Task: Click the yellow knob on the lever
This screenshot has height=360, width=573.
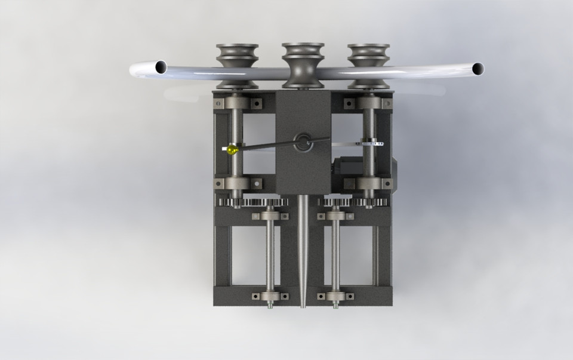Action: (x=232, y=150)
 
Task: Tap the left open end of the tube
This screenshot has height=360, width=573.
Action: (x=161, y=67)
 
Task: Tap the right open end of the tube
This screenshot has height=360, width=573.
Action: (x=478, y=69)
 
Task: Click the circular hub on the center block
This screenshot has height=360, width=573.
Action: (x=303, y=142)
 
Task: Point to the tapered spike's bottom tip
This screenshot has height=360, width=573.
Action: (x=303, y=305)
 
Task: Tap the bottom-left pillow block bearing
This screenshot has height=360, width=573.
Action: (x=270, y=296)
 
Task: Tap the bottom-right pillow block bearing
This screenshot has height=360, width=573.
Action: (x=336, y=296)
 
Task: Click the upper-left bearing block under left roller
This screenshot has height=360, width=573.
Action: (x=238, y=102)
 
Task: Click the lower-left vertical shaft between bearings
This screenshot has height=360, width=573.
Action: (x=270, y=257)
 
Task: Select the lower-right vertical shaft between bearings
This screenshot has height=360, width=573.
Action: (x=336, y=257)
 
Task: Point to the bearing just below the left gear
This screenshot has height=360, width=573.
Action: (x=270, y=216)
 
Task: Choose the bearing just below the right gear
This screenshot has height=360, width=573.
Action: (x=336, y=216)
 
